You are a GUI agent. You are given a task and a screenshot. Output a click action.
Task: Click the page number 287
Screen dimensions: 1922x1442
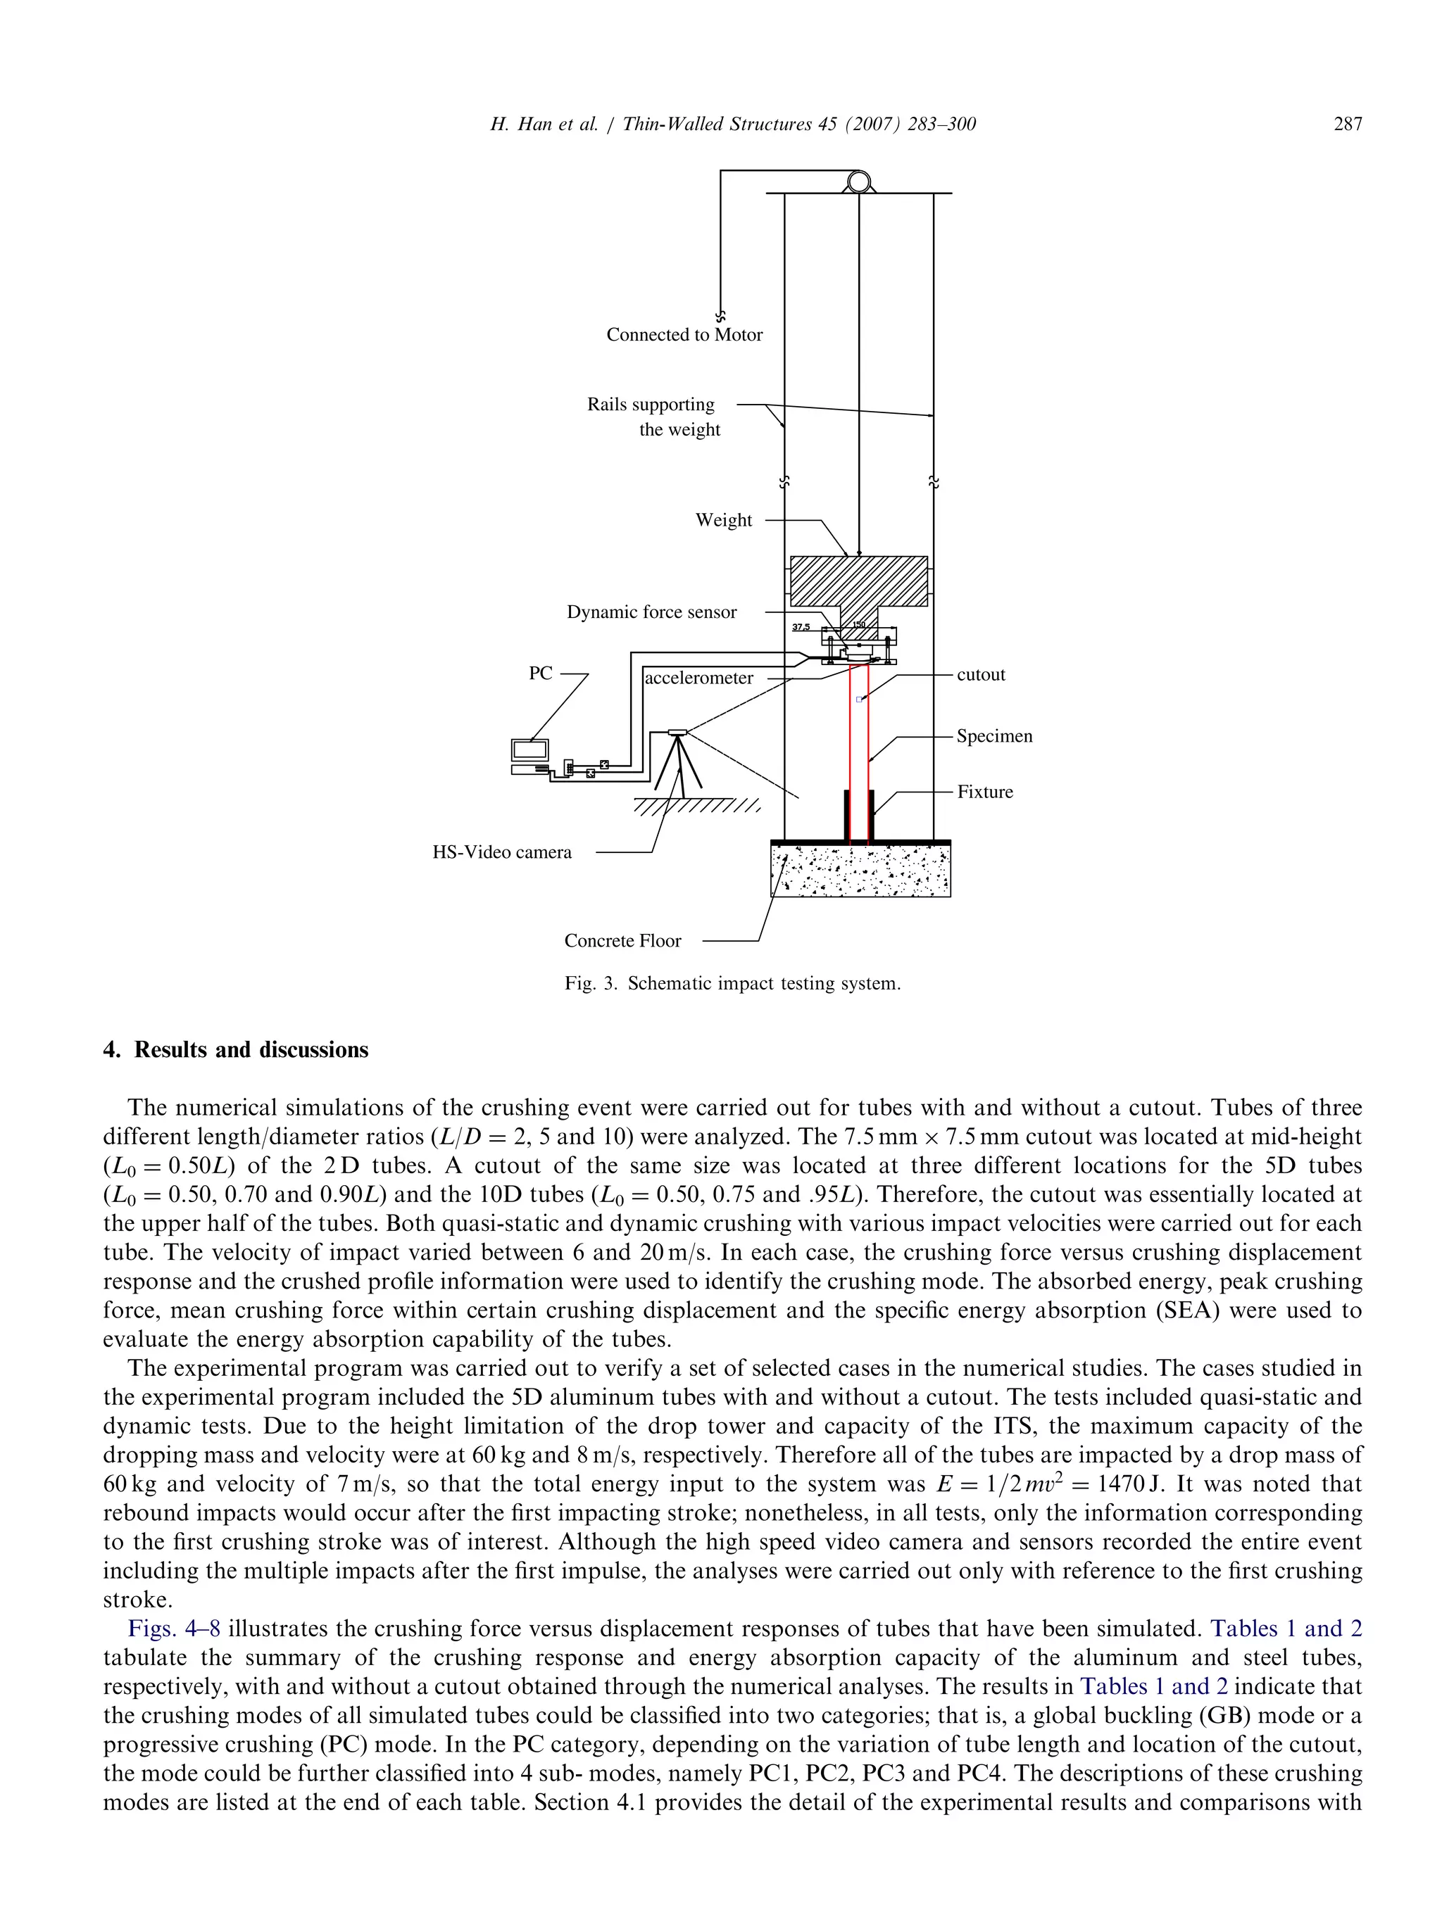pos(1347,125)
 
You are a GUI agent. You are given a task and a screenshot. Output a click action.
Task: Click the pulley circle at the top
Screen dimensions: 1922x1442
pos(859,182)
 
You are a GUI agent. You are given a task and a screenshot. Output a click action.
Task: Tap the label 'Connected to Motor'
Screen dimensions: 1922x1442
pos(684,334)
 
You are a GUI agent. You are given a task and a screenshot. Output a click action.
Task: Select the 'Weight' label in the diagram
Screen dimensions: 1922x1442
pos(723,521)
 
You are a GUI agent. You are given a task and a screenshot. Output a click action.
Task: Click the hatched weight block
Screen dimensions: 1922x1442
pos(858,581)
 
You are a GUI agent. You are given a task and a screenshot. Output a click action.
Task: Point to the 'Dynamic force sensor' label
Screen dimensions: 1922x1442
pos(651,612)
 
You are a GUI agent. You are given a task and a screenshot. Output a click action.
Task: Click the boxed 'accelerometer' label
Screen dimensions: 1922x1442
pos(699,678)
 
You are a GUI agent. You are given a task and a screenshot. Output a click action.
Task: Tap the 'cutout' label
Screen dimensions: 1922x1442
pos(980,674)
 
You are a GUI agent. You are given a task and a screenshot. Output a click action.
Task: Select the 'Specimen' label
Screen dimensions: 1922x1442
pos(994,736)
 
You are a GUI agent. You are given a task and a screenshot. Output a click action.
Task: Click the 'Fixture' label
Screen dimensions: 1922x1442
pos(985,792)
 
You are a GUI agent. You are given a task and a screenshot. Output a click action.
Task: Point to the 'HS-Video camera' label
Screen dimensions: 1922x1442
pos(503,852)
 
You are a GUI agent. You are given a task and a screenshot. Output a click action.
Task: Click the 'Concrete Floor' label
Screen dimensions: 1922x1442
pos(622,940)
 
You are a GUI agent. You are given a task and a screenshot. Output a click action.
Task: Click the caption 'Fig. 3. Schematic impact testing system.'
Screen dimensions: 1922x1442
pos(732,984)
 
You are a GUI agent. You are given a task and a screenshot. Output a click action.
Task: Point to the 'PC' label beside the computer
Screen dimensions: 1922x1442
pos(541,674)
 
